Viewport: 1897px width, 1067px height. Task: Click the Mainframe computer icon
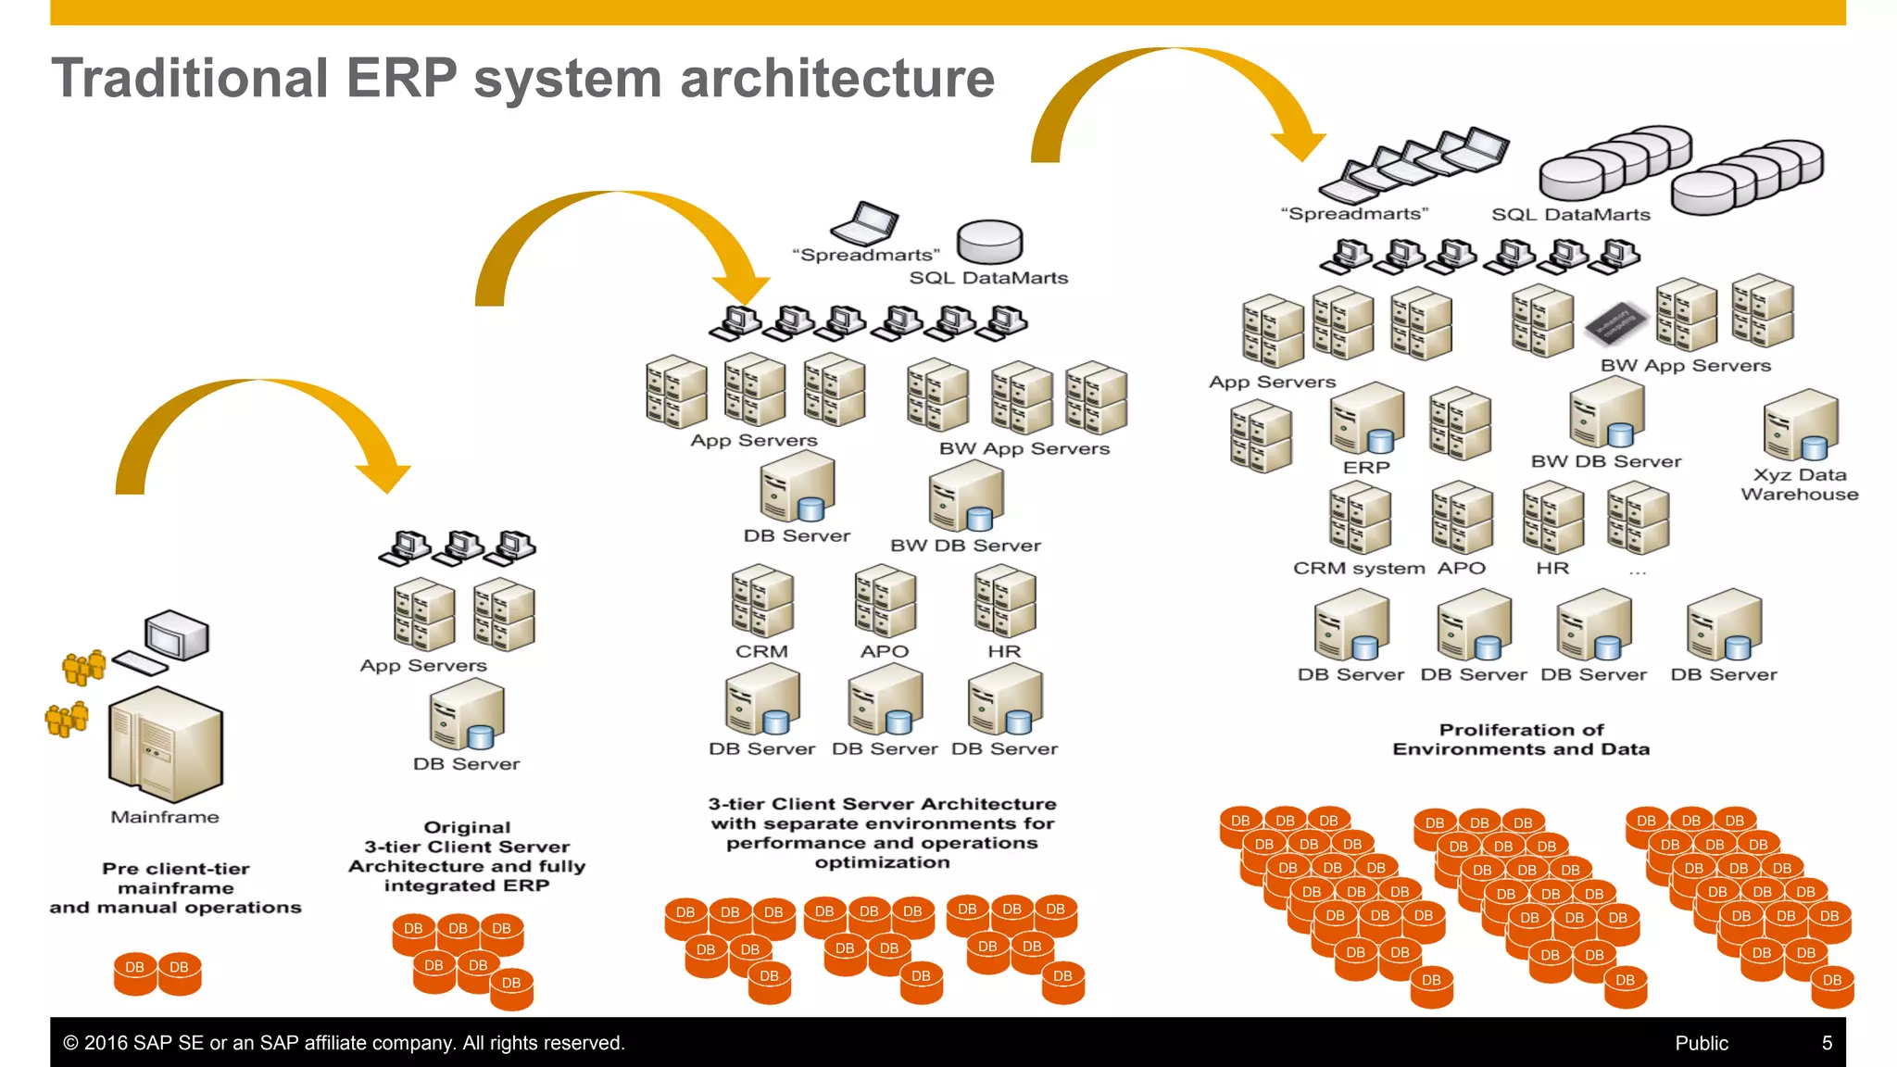[x=166, y=745]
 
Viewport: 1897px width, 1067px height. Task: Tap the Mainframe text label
[x=165, y=817]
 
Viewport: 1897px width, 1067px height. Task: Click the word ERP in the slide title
[x=401, y=78]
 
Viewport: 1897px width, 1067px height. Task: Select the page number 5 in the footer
[x=1827, y=1043]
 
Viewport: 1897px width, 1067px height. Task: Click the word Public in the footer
[x=1701, y=1043]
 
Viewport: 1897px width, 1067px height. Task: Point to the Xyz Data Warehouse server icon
[x=1801, y=424]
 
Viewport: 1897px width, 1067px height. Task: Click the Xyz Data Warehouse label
[x=1799, y=484]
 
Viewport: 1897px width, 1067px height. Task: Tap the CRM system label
[x=1358, y=568]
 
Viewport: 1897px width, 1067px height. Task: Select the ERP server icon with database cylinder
[x=1366, y=419]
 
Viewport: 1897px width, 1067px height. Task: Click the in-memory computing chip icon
[x=1616, y=322]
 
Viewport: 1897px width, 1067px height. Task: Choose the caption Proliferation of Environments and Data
[x=1521, y=739]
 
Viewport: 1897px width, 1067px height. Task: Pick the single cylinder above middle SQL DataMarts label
[x=989, y=242]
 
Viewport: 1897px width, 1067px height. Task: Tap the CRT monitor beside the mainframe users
[x=177, y=635]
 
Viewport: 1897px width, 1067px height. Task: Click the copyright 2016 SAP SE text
[x=344, y=1043]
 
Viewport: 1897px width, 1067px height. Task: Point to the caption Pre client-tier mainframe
[x=175, y=887]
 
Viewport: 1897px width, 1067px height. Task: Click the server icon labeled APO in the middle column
[x=885, y=603]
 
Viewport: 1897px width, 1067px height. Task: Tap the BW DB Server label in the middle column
[x=965, y=546]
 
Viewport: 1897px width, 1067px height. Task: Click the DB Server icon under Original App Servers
[x=467, y=713]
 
